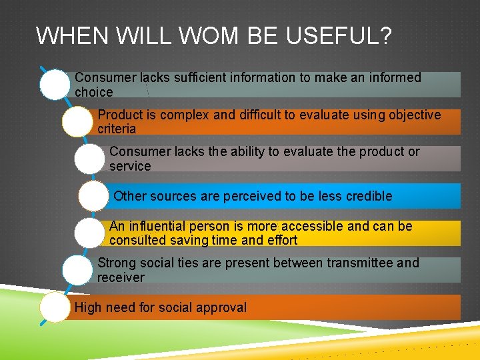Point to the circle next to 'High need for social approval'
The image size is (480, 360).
pos(55,308)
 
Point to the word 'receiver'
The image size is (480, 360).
pos(121,277)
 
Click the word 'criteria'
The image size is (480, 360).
pos(117,129)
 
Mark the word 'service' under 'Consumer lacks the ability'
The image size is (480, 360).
pos(130,166)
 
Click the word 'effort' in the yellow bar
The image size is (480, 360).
pos(282,240)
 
